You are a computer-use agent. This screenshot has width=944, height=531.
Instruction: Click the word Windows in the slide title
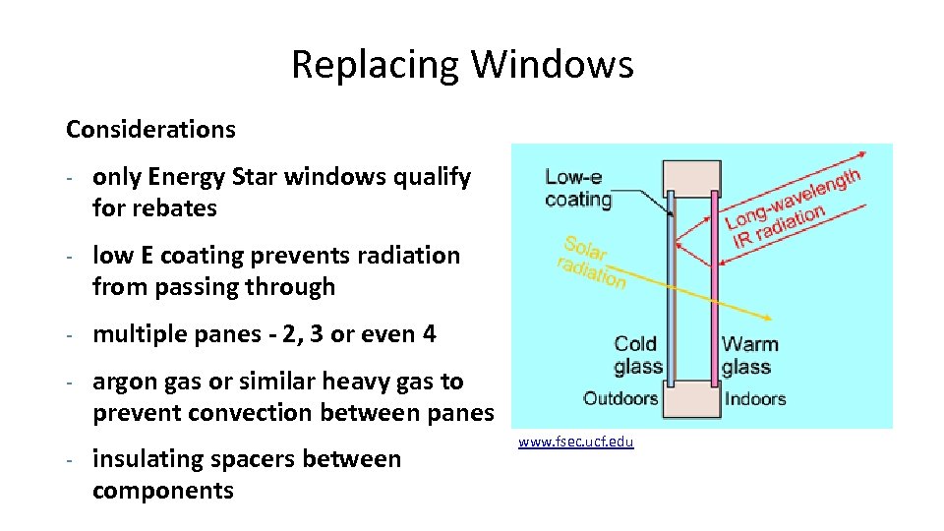pyautogui.click(x=553, y=65)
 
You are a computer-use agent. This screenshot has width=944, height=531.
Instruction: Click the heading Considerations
pyautogui.click(x=150, y=129)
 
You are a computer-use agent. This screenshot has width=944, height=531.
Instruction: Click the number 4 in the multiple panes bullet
pyautogui.click(x=429, y=334)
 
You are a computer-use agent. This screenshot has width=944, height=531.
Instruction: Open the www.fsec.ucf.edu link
pyautogui.click(x=576, y=442)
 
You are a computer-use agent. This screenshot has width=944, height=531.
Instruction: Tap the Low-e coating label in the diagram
pyautogui.click(x=578, y=188)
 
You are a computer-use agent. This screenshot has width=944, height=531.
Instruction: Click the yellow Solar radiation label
pyautogui.click(x=590, y=262)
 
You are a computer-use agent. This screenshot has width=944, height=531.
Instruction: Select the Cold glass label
pyautogui.click(x=638, y=355)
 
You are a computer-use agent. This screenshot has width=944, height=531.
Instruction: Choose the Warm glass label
pyautogui.click(x=749, y=355)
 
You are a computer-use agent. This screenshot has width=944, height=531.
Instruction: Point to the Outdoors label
pyautogui.click(x=619, y=398)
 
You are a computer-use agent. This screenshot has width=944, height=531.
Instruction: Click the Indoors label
pyautogui.click(x=755, y=398)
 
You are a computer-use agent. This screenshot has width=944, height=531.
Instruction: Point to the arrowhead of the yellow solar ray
pyautogui.click(x=765, y=317)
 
